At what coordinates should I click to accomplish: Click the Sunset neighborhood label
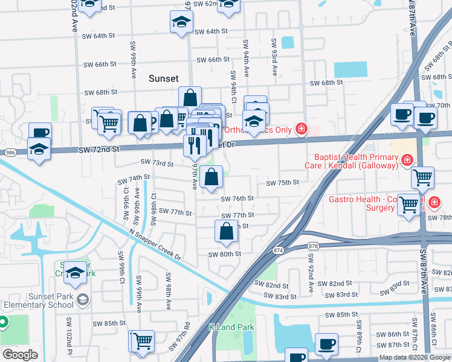pos(164,78)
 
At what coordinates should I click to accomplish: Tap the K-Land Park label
pos(231,327)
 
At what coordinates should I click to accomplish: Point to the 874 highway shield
pos(278,249)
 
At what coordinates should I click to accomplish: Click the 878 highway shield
pos(313,246)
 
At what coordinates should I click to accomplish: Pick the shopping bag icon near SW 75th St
pos(211,177)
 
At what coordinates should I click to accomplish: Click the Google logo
pos(20,354)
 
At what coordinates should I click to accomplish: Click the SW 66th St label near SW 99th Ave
pos(100,64)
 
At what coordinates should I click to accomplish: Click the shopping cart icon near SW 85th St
pos(142,341)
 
